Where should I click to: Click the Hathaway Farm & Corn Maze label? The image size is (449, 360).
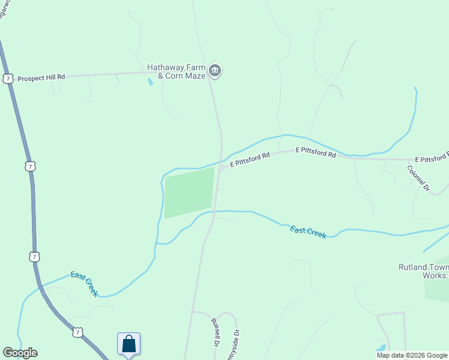click(177, 71)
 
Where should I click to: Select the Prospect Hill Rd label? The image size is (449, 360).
click(41, 78)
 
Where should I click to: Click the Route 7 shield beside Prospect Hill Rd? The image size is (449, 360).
click(8, 79)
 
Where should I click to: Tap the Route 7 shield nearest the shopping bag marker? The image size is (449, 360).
click(77, 332)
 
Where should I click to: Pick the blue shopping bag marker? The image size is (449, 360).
click(128, 344)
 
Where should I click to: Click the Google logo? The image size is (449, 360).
click(20, 353)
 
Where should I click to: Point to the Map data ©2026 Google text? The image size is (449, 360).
click(412, 355)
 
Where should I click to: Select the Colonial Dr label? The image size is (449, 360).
click(419, 178)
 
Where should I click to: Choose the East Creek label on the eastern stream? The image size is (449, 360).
click(308, 232)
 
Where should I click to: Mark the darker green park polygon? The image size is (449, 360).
click(188, 192)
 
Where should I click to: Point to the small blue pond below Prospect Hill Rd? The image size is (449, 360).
click(150, 82)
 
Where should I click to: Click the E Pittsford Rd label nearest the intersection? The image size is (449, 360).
click(250, 159)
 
